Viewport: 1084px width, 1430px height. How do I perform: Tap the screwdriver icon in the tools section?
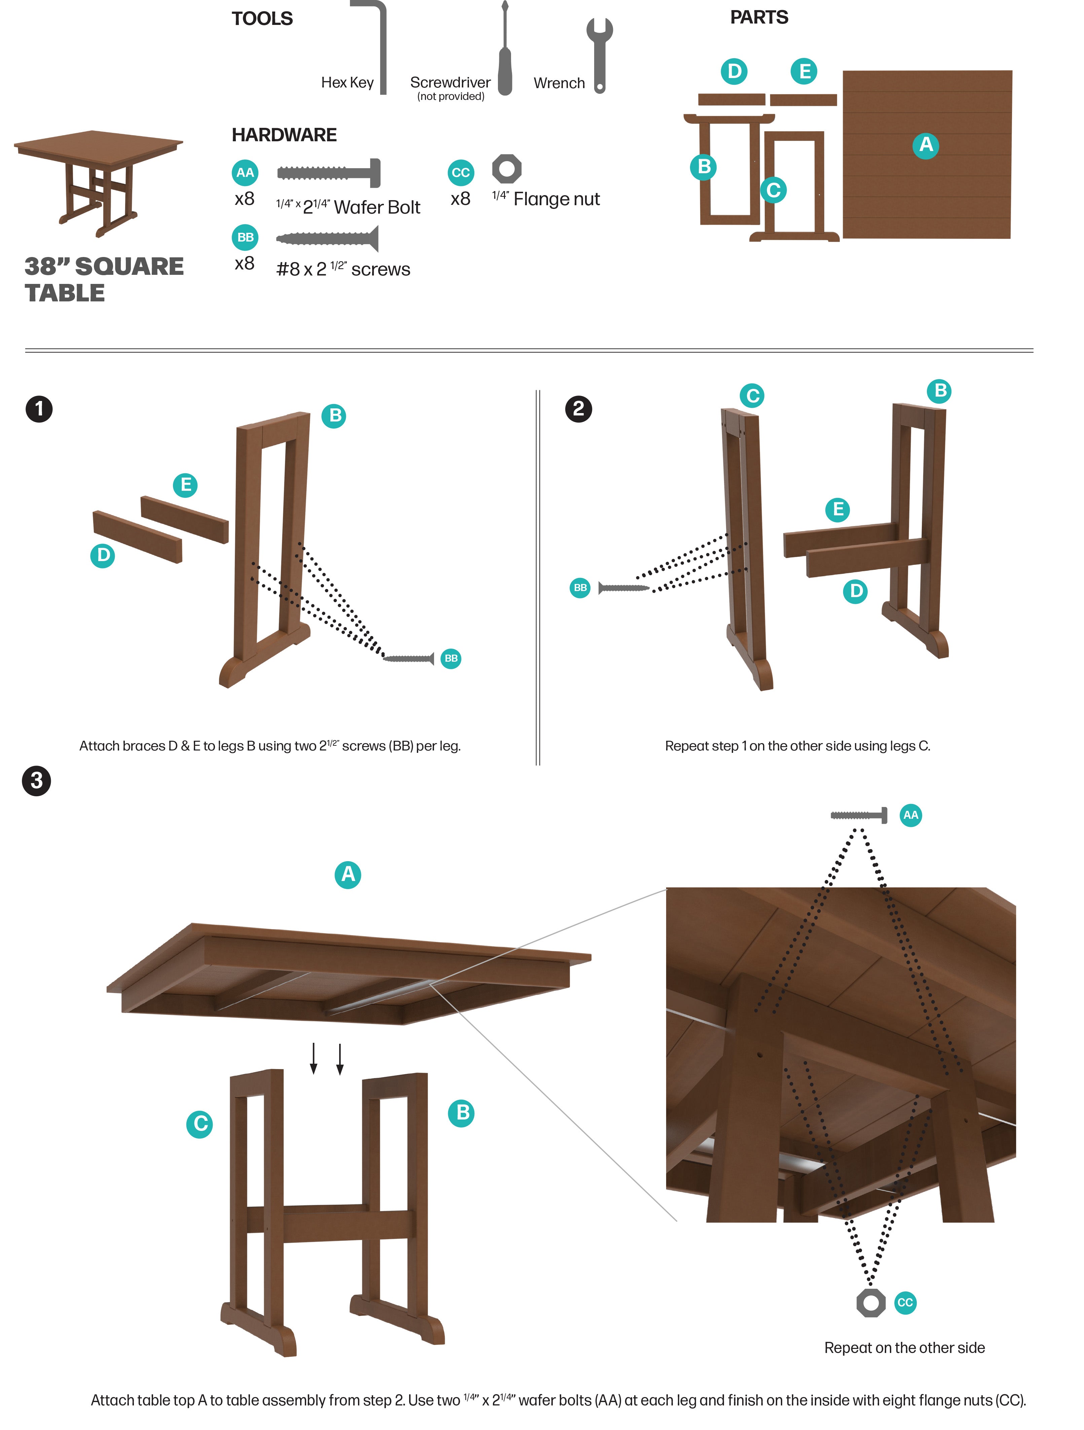pyautogui.click(x=505, y=52)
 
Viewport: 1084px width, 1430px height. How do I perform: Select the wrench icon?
pyautogui.click(x=599, y=55)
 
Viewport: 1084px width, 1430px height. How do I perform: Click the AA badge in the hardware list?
pyautogui.click(x=245, y=173)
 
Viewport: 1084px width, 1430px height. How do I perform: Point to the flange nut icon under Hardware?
pyautogui.click(x=507, y=169)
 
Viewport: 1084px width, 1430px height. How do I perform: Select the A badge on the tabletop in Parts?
pyautogui.click(x=926, y=145)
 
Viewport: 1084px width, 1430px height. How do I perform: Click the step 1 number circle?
pyautogui.click(x=39, y=409)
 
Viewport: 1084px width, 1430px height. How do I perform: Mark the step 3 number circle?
pyautogui.click(x=37, y=781)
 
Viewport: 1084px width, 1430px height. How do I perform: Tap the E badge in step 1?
pyautogui.click(x=185, y=485)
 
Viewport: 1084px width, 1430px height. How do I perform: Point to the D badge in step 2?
pyautogui.click(x=855, y=591)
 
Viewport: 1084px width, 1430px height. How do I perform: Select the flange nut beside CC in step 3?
pyautogui.click(x=871, y=1303)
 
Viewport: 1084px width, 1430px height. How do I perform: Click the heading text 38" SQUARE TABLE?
pyautogui.click(x=103, y=279)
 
